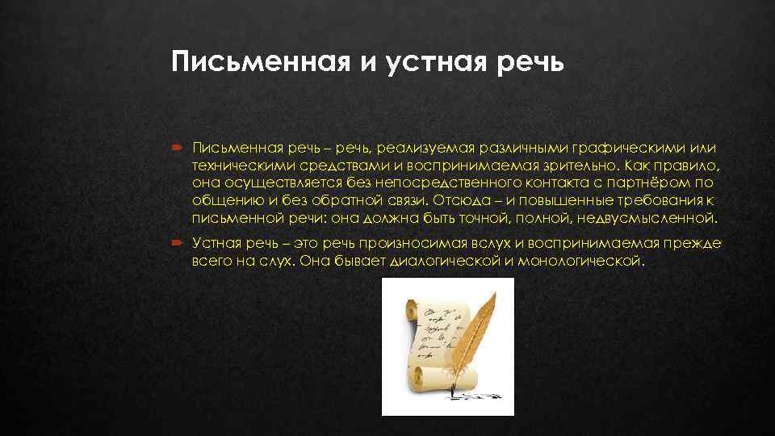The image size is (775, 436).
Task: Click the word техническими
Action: (x=237, y=166)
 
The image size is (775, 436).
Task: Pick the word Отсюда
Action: (x=455, y=202)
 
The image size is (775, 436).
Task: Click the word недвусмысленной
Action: (x=654, y=219)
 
